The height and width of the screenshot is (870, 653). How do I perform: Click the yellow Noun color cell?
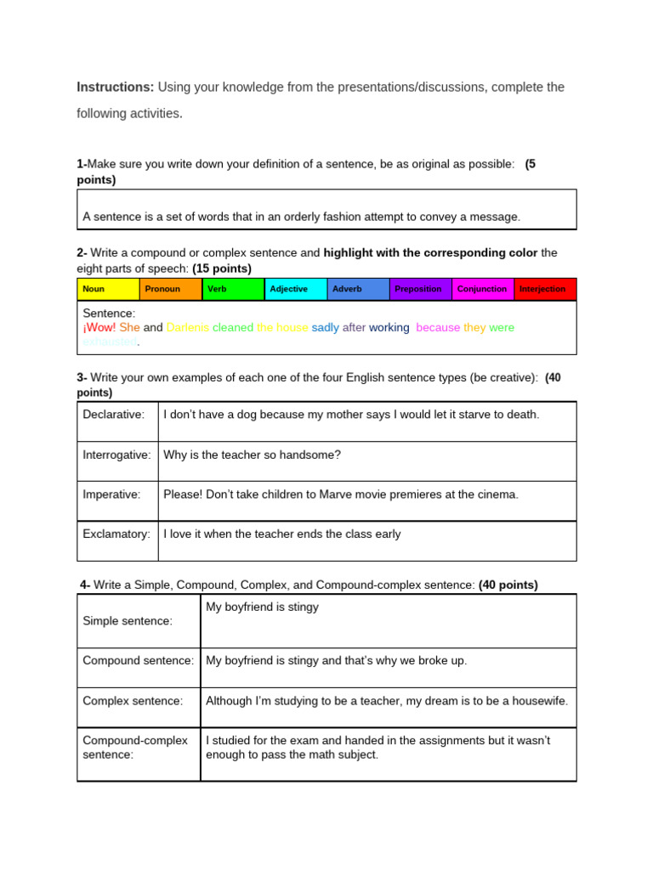[108, 289]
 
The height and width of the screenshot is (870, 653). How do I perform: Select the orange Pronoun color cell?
[171, 289]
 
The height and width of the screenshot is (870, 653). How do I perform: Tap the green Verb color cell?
[233, 289]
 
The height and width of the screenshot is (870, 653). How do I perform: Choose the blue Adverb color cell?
[358, 289]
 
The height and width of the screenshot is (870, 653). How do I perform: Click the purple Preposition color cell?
[420, 289]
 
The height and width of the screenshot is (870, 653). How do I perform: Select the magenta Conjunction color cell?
[482, 289]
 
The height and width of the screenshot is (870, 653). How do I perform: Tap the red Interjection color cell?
[545, 289]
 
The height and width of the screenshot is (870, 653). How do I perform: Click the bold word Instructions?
[116, 88]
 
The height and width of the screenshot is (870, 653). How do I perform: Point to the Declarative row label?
[113, 415]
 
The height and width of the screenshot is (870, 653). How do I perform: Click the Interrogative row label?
[116, 455]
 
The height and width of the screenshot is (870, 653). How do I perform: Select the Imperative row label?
[111, 494]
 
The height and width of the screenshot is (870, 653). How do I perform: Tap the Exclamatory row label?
[116, 534]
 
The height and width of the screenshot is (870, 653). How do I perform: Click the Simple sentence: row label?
[128, 621]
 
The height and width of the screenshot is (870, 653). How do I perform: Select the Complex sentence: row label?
[133, 701]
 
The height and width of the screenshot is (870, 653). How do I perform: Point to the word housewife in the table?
[538, 701]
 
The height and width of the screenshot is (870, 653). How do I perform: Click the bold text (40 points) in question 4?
[508, 585]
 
